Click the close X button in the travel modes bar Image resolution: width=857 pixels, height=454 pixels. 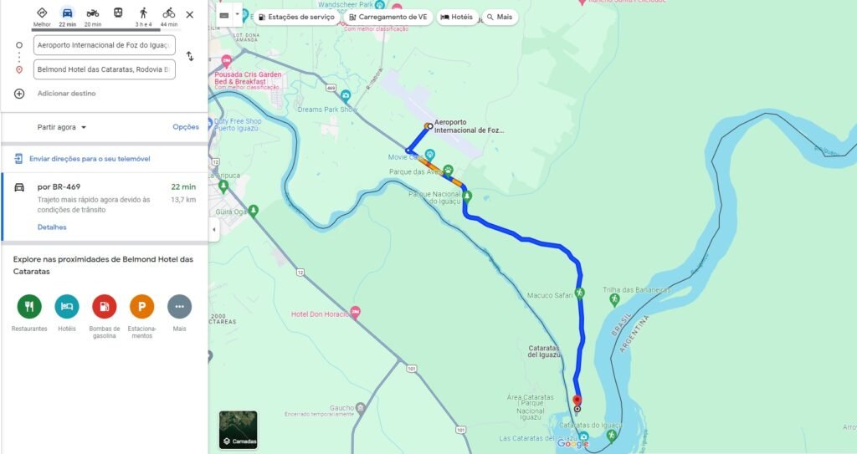[x=189, y=14]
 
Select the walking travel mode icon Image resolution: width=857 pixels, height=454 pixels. [x=143, y=13]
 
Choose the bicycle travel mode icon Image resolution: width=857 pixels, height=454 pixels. [x=168, y=13]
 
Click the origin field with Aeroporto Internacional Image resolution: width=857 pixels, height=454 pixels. [x=105, y=45]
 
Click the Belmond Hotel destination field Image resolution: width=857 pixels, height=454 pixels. [x=105, y=69]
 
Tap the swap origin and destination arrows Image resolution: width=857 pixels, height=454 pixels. [x=190, y=56]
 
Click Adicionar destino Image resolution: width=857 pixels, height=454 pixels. [x=66, y=94]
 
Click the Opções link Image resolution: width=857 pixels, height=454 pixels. [x=186, y=127]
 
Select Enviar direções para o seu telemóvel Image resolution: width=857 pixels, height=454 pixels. [x=90, y=159]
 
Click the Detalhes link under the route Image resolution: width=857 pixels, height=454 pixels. [x=52, y=227]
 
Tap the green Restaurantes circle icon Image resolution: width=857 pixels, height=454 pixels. [x=29, y=307]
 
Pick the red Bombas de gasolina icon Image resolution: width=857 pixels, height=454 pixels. [x=105, y=307]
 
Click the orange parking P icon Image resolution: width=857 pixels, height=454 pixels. [x=141, y=307]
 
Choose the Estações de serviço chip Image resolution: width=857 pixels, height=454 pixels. [x=296, y=17]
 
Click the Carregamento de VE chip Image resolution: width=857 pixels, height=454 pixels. [x=387, y=17]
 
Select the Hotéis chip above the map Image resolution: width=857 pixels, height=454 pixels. [x=456, y=17]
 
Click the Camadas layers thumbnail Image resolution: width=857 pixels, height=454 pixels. [x=239, y=429]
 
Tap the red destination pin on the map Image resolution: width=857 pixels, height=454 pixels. [x=576, y=401]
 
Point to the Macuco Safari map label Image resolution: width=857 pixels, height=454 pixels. [x=550, y=295]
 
